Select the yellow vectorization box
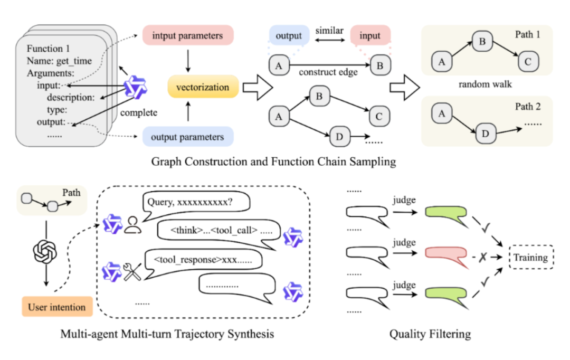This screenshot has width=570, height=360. pos(203,87)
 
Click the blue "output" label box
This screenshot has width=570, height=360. pos(288,36)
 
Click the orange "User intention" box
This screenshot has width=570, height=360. pos(57,306)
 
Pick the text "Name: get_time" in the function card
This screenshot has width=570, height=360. pos(56,60)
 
